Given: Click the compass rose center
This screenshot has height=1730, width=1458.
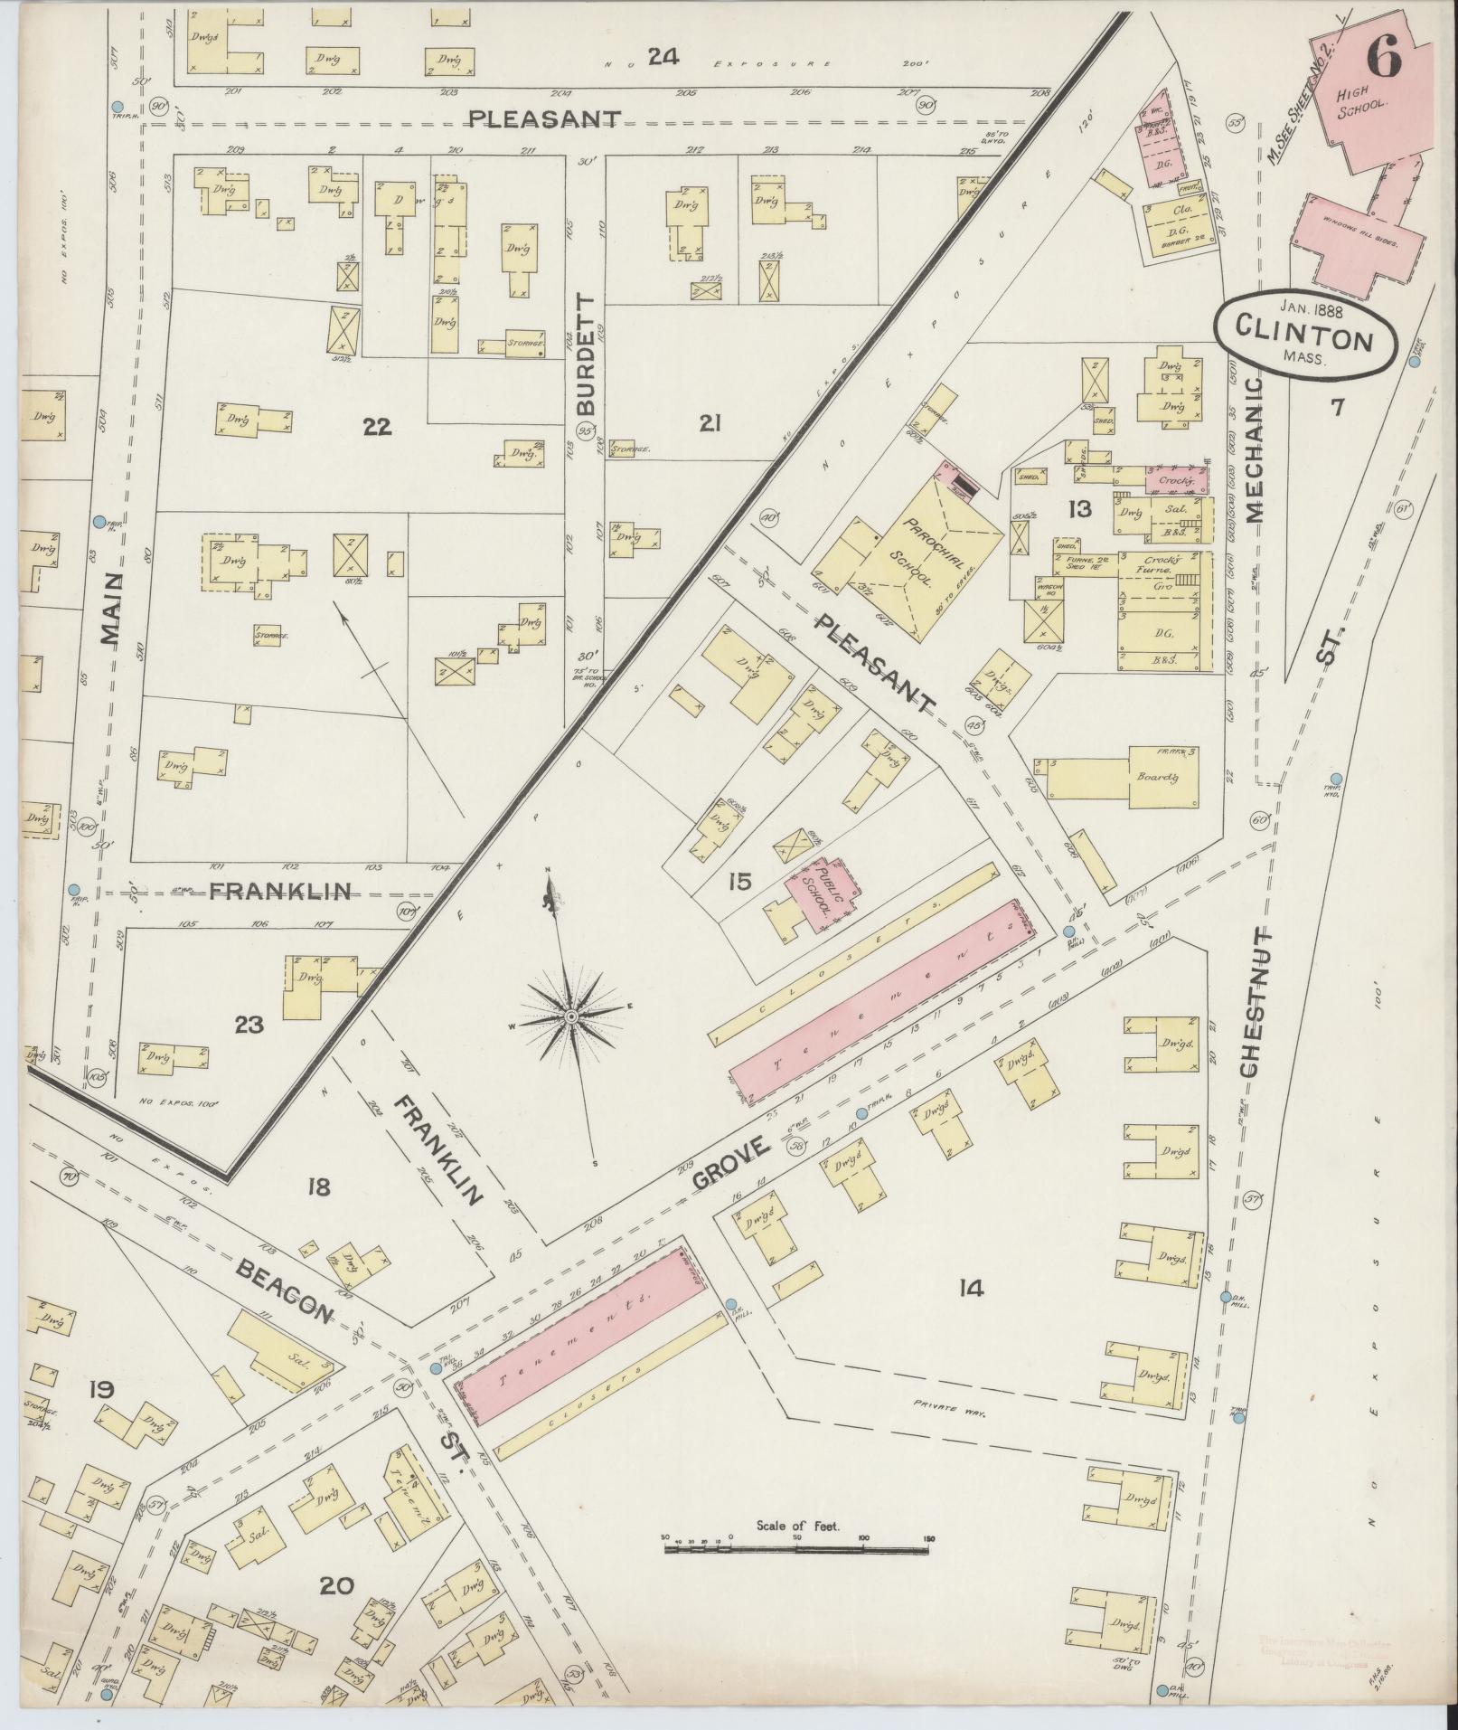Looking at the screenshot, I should [570, 1018].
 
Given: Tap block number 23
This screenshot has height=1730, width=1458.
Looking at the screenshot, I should [249, 1025].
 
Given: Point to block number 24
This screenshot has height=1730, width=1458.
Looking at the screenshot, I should [663, 57].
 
